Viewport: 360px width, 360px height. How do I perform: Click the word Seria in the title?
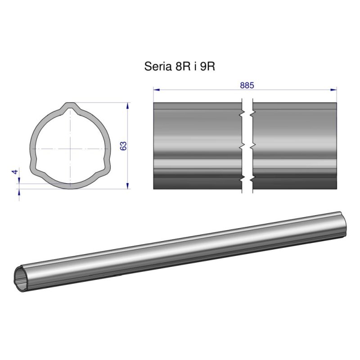[156, 67]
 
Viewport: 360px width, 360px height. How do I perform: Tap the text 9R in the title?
[207, 67]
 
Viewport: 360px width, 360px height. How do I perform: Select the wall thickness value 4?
[15, 172]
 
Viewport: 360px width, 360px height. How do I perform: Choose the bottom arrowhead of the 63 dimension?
[128, 185]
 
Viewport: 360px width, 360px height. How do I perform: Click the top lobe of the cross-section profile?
[70, 108]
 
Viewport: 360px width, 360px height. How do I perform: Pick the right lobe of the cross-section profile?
[107, 165]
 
